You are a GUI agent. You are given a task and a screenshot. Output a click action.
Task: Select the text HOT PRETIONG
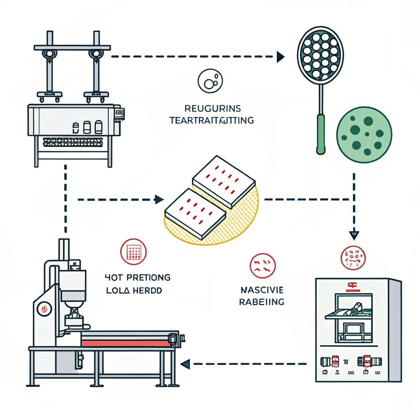pyautogui.click(x=137, y=278)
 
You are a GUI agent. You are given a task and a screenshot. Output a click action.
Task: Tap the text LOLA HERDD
pyautogui.click(x=133, y=290)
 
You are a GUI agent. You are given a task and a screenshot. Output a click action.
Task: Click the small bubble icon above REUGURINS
pyautogui.click(x=210, y=80)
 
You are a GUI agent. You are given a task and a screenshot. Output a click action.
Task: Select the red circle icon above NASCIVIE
pyautogui.click(x=262, y=265)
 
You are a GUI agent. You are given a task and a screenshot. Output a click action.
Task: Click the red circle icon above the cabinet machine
pyautogui.click(x=353, y=257)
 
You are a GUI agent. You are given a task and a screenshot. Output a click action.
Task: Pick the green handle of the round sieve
pyautogui.click(x=321, y=133)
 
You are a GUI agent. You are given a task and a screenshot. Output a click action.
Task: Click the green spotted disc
pyautogui.click(x=364, y=135)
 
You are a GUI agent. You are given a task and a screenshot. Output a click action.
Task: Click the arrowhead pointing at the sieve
pyautogui.click(x=281, y=57)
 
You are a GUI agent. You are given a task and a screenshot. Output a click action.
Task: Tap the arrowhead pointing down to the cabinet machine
pyautogui.click(x=354, y=235)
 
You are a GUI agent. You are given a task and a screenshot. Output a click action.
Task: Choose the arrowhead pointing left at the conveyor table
pyautogui.click(x=185, y=363)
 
